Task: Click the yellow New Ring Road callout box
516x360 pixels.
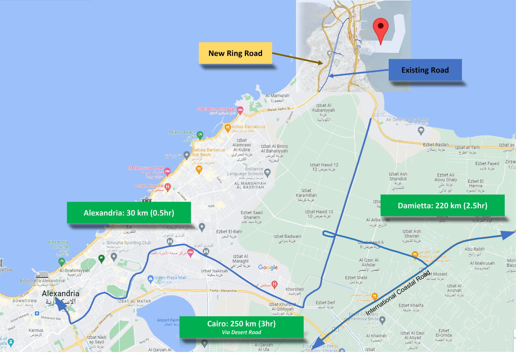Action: (235, 53)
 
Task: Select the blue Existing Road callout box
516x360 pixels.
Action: (425, 70)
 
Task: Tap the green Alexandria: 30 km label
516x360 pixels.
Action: (129, 213)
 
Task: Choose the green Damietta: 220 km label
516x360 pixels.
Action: (442, 205)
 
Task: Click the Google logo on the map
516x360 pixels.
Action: (268, 267)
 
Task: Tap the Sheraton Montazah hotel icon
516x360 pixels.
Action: (240, 110)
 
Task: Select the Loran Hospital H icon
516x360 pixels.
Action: (167, 186)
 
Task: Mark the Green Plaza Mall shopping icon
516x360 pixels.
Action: (150, 278)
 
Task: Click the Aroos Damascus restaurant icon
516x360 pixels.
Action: (228, 127)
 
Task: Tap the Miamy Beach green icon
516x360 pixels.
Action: (200, 135)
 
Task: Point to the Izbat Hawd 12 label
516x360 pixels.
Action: (324, 167)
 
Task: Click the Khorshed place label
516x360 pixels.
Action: (294, 291)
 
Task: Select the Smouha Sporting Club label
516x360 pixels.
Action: (129, 243)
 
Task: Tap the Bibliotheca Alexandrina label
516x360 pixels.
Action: (42, 281)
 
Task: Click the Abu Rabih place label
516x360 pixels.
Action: (475, 251)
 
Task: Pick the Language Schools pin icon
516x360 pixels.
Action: (267, 172)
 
